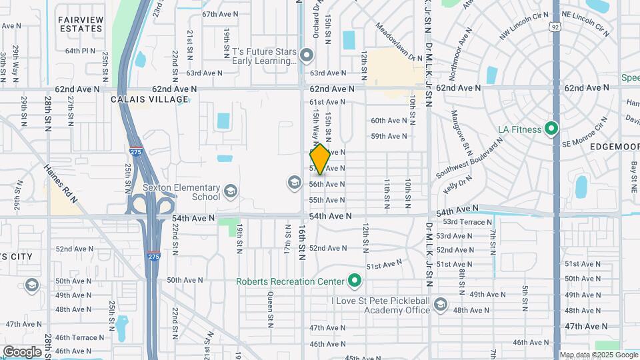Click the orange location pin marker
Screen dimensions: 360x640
(320, 160)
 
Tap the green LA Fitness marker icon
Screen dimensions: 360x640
(551, 128)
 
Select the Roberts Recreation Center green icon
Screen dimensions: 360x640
(355, 281)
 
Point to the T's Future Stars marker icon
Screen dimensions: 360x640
(307, 55)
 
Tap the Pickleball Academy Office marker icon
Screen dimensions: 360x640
(440, 305)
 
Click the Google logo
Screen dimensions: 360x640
(22, 351)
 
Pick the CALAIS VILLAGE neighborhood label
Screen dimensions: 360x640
(150, 99)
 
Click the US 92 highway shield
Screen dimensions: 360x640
(555, 27)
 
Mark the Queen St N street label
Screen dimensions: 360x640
(271, 306)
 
